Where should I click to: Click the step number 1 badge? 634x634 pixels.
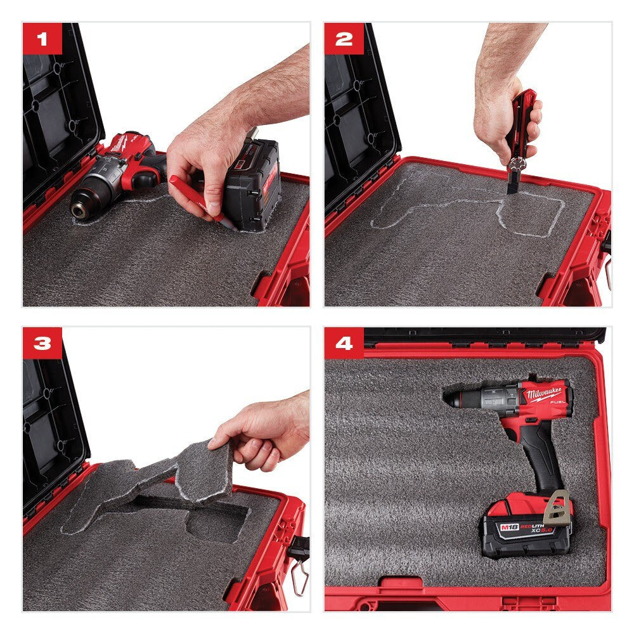point(42,39)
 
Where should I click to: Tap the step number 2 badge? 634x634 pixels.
point(344,39)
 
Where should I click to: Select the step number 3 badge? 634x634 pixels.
point(42,343)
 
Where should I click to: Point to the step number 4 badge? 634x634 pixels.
point(344,343)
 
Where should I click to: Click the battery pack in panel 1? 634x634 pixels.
point(254,184)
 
